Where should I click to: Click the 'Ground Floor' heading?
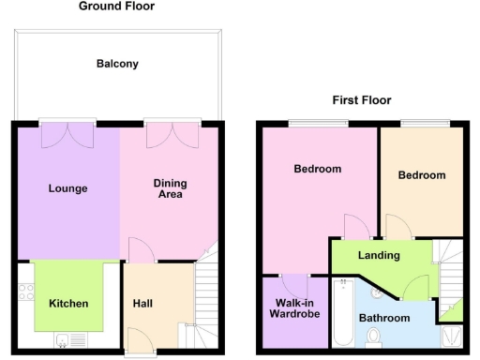click(x=117, y=7)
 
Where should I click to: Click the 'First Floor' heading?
click(x=361, y=99)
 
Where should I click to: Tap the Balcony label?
click(x=117, y=64)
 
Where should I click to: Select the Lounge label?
click(x=67, y=188)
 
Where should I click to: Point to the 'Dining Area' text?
click(x=169, y=188)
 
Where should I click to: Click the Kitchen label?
click(x=68, y=303)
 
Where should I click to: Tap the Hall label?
click(x=142, y=303)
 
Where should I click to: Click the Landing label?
click(x=379, y=255)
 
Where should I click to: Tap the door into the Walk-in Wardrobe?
click(x=294, y=284)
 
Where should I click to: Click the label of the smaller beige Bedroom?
click(x=421, y=175)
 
